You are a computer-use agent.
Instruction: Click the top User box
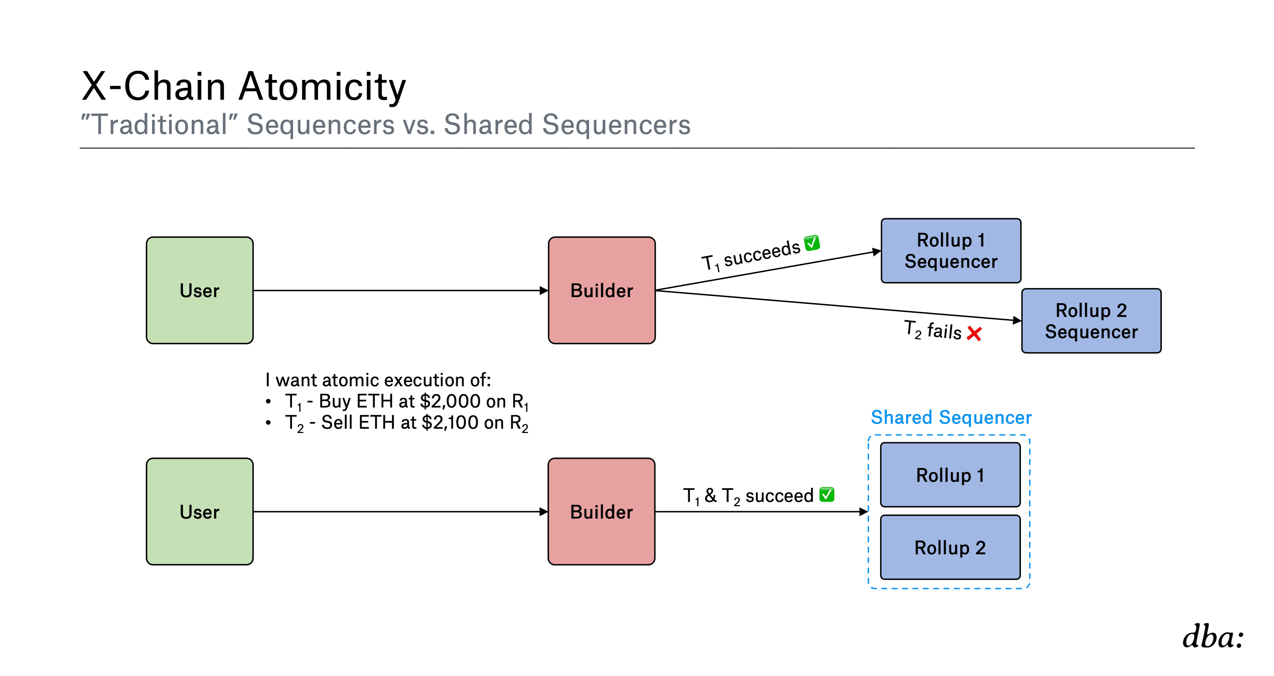[x=200, y=290]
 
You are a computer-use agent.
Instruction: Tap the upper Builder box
[x=602, y=290]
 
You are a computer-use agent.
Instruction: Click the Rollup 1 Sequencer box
[x=951, y=251]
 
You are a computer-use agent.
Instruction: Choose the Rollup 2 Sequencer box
[x=1091, y=321]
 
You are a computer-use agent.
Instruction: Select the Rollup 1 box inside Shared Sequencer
[x=951, y=475]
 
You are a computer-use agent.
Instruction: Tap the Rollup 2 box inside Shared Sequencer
[x=951, y=548]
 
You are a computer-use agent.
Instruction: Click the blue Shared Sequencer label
[x=951, y=417]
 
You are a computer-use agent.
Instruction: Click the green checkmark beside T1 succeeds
[x=812, y=243]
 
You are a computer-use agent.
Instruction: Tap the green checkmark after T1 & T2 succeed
[x=827, y=495]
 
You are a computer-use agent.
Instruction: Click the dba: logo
[x=1213, y=637]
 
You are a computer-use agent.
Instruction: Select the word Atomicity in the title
[x=322, y=87]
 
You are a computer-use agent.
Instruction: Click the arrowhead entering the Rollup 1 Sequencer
[x=876, y=252]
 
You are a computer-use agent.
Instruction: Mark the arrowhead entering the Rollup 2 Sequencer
[x=1017, y=320]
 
